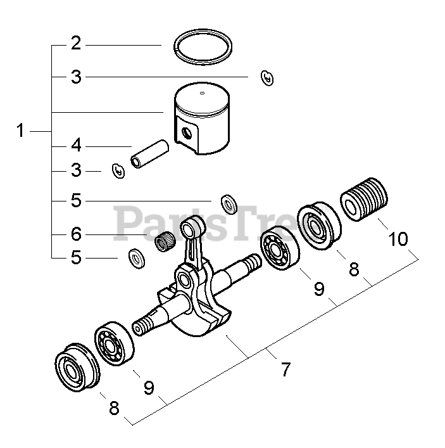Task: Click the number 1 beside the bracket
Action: tap(20, 131)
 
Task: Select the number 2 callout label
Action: tap(76, 44)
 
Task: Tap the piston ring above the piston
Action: tap(203, 48)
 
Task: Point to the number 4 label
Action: tap(76, 146)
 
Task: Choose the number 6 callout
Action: tap(76, 235)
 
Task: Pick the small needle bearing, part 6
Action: tap(165, 241)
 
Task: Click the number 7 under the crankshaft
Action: tap(285, 369)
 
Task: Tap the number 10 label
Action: tap(399, 240)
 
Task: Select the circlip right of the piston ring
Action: tap(267, 78)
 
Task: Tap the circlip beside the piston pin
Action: tap(116, 170)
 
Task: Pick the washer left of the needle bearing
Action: tap(135, 258)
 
